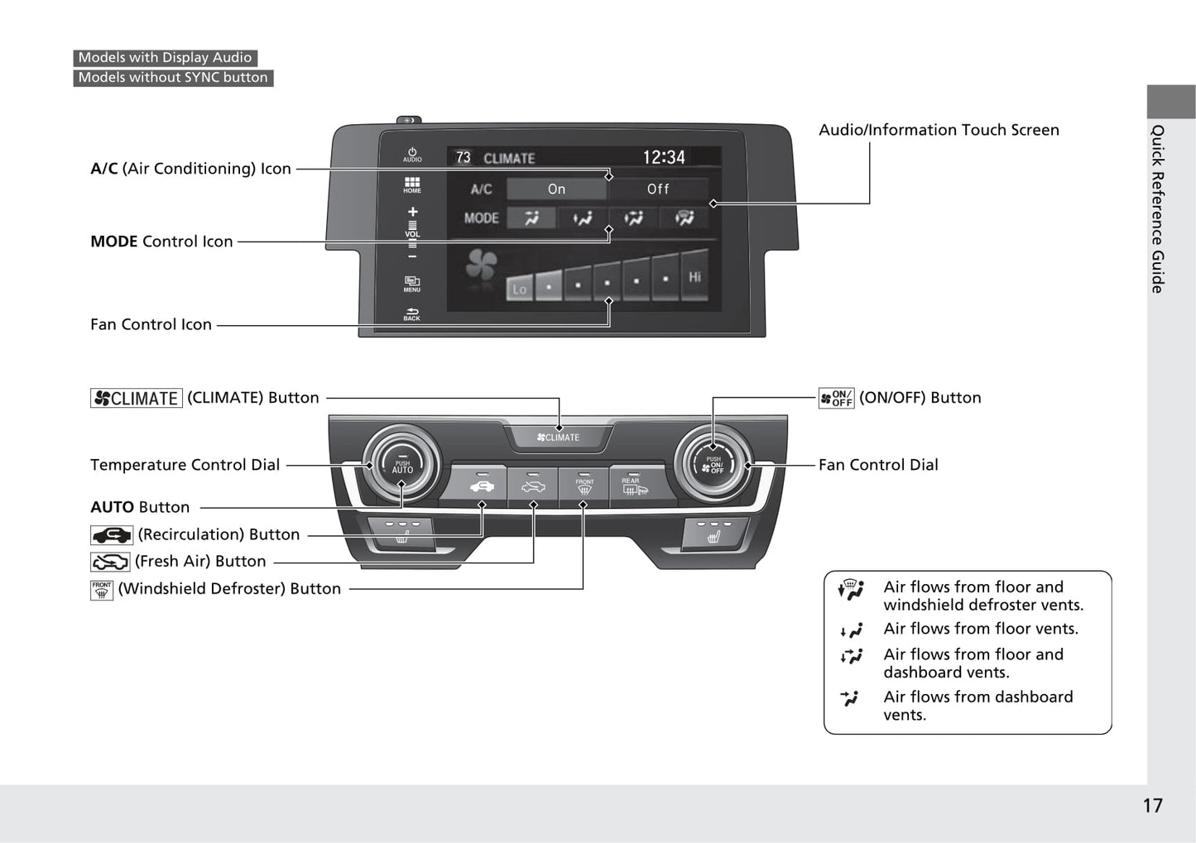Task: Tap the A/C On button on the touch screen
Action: coord(556,189)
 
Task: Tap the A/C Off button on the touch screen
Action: coord(658,189)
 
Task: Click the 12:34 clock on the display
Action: coord(664,157)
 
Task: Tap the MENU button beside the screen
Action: coord(412,284)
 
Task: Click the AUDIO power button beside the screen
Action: coord(412,155)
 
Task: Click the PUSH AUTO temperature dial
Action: coord(402,466)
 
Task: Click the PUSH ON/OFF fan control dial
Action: coord(713,466)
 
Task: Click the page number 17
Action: coord(1152,806)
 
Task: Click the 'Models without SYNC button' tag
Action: coord(173,78)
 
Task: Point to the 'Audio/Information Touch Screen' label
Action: coord(939,130)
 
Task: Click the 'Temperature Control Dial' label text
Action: coord(185,465)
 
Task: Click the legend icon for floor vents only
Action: coord(851,630)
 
